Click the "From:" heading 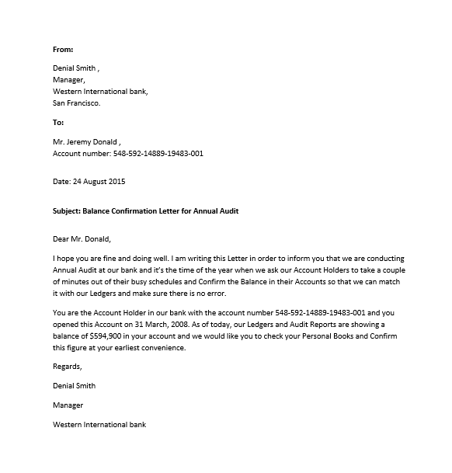click(63, 49)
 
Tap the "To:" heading click(58, 123)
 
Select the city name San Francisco click(76, 103)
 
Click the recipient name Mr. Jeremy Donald click(85, 142)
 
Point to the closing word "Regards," click(67, 366)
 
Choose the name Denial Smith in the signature click(75, 386)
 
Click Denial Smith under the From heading click(75, 68)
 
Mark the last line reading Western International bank click(99, 425)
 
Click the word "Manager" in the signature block click(68, 405)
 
